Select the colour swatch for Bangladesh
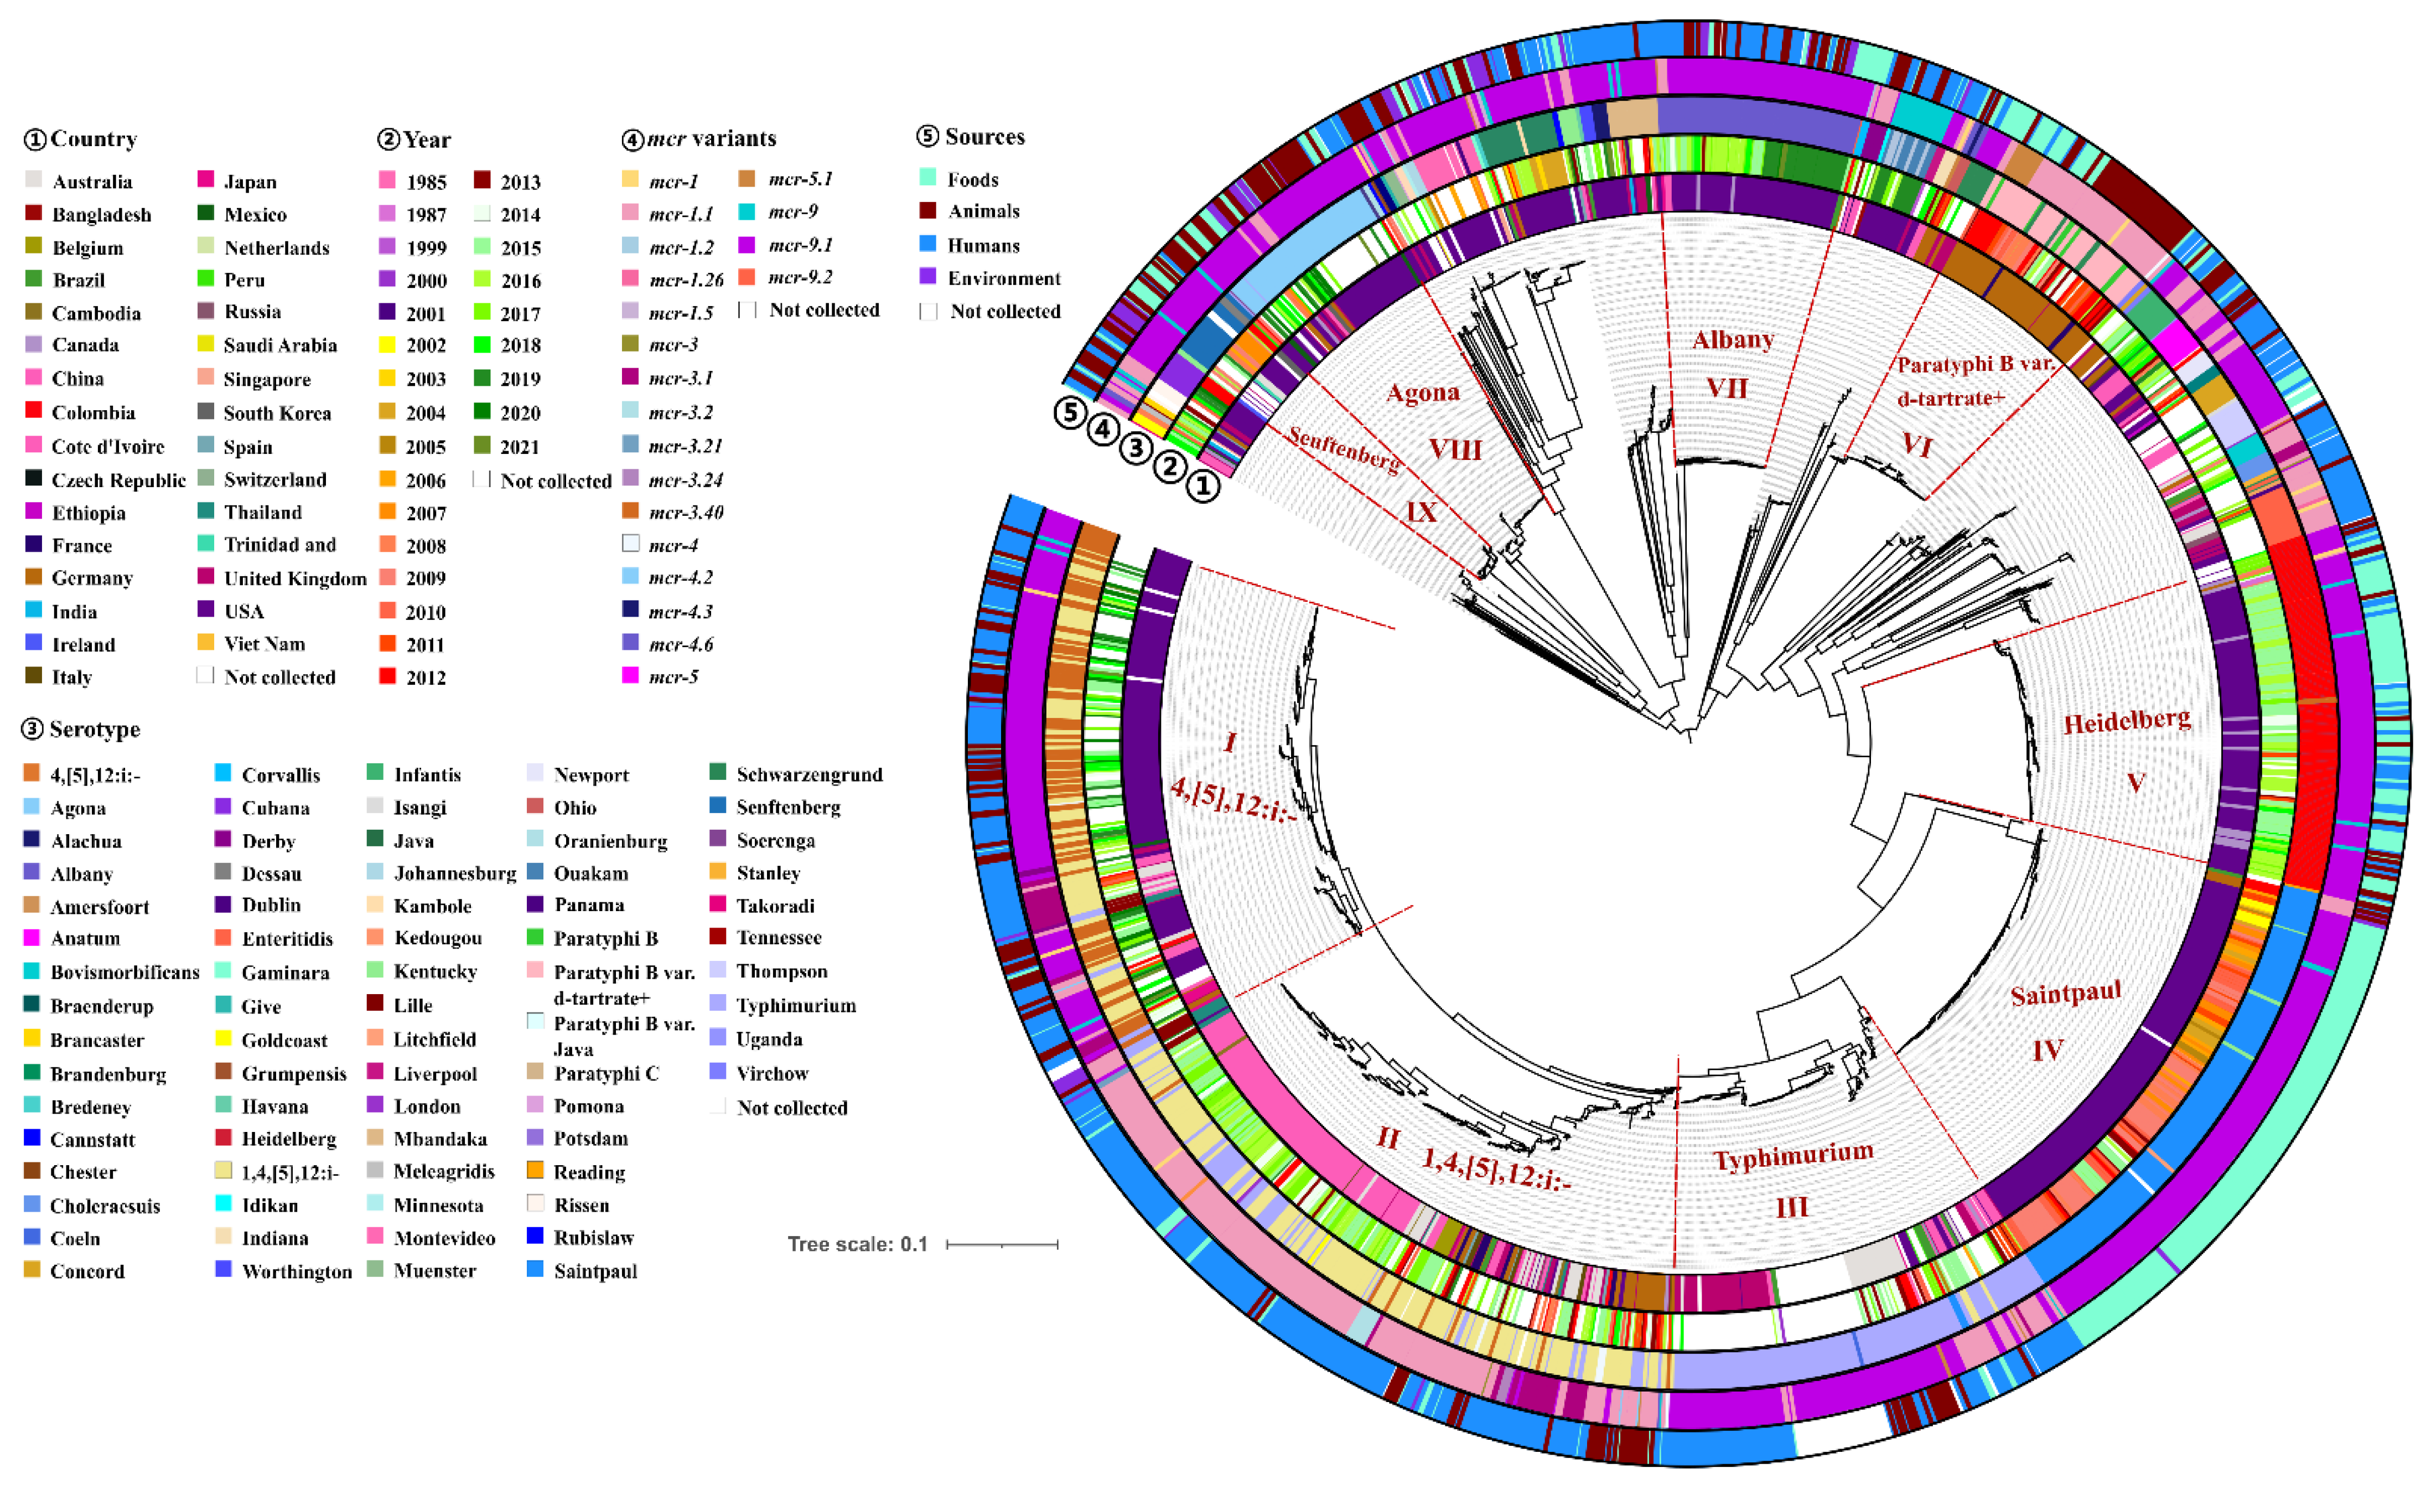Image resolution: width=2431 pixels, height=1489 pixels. point(34,213)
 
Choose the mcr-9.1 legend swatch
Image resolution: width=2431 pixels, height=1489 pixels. point(747,244)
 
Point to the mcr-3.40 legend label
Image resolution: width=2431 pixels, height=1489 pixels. point(687,512)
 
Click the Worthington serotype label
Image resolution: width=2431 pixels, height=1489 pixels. point(297,1272)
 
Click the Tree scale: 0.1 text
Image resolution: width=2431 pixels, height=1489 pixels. point(857,1244)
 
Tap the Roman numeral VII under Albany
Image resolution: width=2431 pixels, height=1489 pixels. point(1728,388)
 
